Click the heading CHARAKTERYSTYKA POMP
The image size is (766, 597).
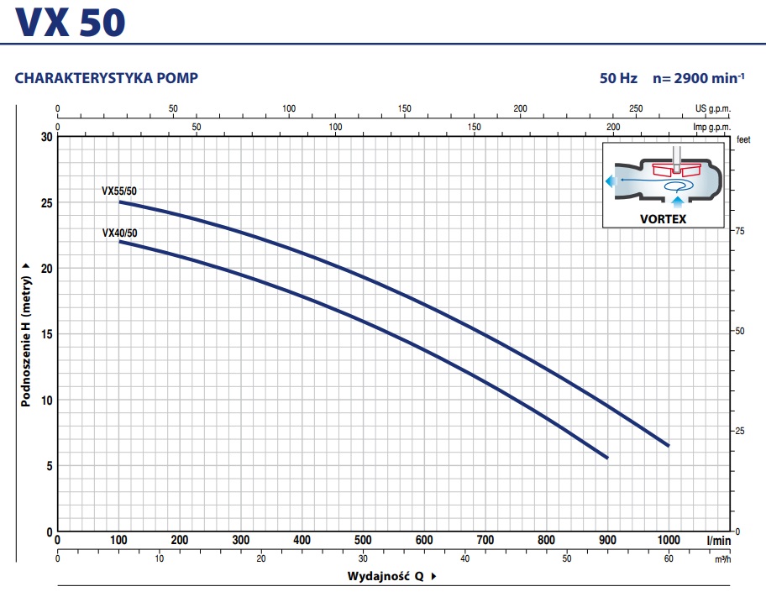tap(107, 79)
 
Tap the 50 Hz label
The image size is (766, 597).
tap(617, 79)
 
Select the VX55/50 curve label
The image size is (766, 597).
tap(119, 191)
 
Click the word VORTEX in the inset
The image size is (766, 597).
tap(663, 219)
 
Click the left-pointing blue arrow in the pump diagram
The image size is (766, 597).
tap(610, 181)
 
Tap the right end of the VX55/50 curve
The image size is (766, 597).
tap(669, 445)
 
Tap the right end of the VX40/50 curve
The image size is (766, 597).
tap(606, 458)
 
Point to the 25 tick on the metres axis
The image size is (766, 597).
tap(45, 203)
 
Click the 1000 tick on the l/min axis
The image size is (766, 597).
tap(669, 539)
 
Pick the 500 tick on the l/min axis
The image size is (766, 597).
tap(363, 539)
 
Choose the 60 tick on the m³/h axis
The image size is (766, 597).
tap(669, 559)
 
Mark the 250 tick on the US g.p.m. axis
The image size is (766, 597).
tap(636, 109)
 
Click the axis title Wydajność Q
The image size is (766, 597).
tap(388, 577)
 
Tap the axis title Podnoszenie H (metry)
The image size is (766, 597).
tap(27, 334)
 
